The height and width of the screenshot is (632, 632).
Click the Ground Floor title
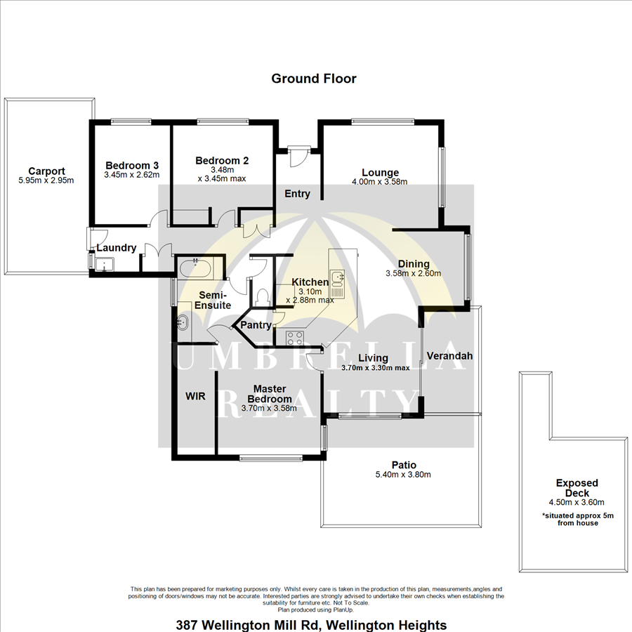coord(314,79)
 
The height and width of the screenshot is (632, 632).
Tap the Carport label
coord(46,171)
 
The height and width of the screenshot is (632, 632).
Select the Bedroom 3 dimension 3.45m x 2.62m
coord(132,175)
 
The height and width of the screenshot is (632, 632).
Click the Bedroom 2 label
coord(222,160)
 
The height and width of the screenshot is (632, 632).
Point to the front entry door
coord(298,157)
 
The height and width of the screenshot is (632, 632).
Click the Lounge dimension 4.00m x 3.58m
coord(380,182)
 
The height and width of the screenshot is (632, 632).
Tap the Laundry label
coord(117,248)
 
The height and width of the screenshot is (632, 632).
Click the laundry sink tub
coord(104,263)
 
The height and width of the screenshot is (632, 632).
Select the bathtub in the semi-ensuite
coord(195,269)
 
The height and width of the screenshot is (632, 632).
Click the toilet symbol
coord(263,296)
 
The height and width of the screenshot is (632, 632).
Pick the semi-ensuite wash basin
coord(183,322)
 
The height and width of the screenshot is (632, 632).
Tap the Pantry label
coord(256,325)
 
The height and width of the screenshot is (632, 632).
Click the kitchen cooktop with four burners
coord(295,338)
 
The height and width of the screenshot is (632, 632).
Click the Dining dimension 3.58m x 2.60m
coord(413,273)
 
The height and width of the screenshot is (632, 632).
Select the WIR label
coord(195,396)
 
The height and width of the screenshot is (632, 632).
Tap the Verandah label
coord(449,356)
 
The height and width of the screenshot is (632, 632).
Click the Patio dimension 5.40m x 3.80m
coord(403,475)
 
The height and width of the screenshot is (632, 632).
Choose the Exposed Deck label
coord(577,488)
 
